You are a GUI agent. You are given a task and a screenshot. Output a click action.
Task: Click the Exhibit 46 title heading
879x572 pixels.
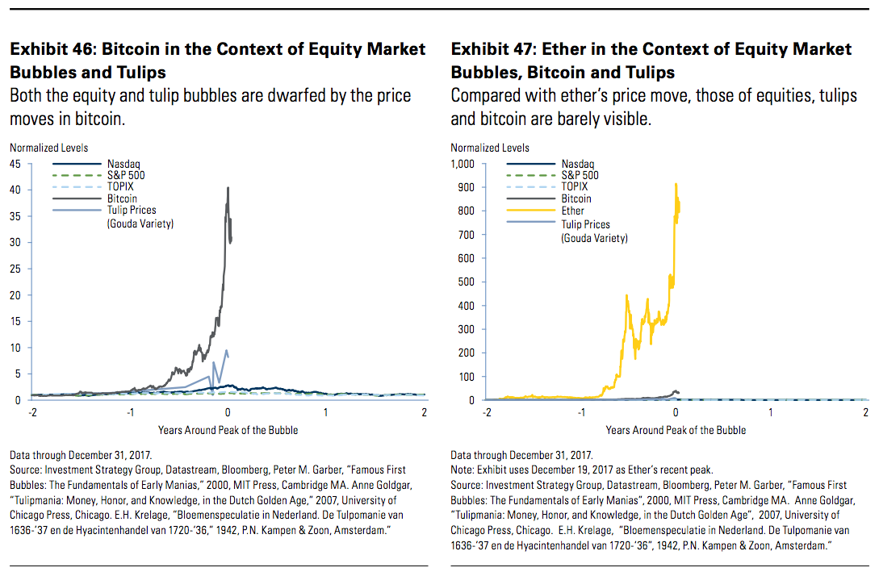[x=217, y=61]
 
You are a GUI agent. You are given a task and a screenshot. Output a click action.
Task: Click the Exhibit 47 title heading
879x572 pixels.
[x=651, y=61]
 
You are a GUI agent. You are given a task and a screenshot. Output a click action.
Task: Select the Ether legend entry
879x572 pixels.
[x=572, y=211]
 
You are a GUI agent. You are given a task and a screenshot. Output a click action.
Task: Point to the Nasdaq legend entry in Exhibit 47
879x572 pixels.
[x=576, y=164]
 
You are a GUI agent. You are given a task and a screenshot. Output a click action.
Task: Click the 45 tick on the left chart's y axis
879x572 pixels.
[x=15, y=164]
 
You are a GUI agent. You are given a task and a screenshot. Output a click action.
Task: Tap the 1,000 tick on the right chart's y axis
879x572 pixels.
[x=463, y=164]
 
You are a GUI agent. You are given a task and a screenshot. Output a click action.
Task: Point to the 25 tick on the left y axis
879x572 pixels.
[x=15, y=269]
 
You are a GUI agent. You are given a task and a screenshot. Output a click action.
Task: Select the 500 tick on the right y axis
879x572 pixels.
[x=466, y=282]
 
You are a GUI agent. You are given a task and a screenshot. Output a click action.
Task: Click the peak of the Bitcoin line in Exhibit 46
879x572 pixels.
[x=228, y=188]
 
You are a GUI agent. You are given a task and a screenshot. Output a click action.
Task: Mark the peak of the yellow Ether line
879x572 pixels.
[x=675, y=184]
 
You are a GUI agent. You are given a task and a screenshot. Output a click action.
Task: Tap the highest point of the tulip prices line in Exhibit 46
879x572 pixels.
[x=226, y=349]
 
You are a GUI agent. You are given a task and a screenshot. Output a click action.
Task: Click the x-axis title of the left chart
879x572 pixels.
[x=228, y=430]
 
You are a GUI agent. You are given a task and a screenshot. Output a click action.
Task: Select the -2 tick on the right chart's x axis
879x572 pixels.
[x=486, y=412]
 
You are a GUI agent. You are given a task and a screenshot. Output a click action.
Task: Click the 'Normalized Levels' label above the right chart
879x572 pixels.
[x=490, y=148]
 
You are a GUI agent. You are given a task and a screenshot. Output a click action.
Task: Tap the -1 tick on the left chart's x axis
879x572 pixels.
[x=129, y=412]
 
